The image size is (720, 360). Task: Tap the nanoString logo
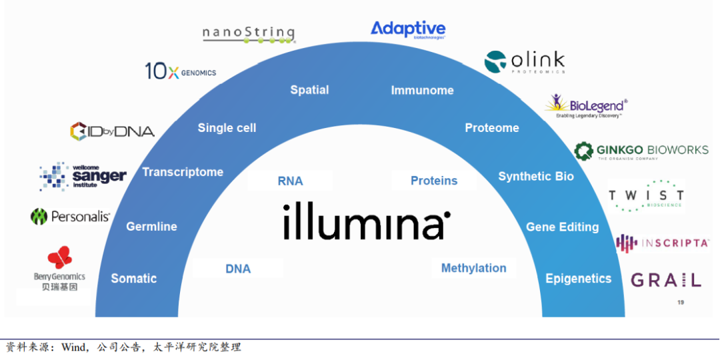point(249,33)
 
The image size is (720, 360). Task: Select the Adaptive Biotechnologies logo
point(408,29)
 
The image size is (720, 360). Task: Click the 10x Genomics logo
point(181,71)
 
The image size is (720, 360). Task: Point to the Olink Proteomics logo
point(525,61)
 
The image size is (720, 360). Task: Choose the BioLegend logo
point(586,106)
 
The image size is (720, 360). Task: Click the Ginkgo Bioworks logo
point(641,151)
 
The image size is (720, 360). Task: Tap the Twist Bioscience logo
point(646,195)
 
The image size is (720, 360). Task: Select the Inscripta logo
point(661,243)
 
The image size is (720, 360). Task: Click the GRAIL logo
point(665,280)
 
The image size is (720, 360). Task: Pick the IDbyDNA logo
point(112,131)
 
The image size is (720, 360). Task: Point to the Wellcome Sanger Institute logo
point(83,176)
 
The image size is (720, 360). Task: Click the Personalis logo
point(70,217)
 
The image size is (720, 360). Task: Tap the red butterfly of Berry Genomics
point(59,257)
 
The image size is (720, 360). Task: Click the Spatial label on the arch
point(309,90)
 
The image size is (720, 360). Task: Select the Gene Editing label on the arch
point(562,227)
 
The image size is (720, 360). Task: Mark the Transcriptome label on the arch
point(183,172)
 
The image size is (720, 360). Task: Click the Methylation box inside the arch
point(473,268)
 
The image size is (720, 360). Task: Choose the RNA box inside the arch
point(290,181)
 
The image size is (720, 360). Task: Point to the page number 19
point(681,303)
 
